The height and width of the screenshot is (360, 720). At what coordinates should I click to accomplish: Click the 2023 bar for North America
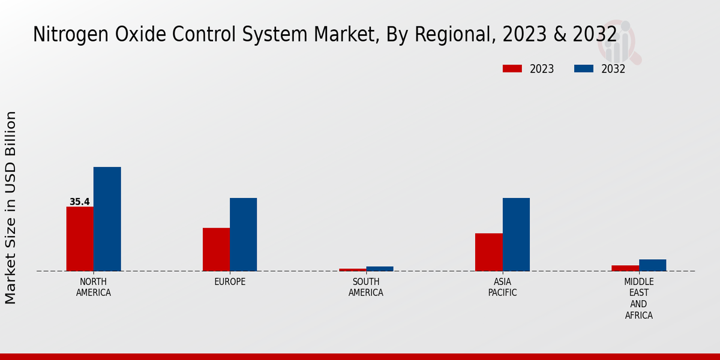(80, 239)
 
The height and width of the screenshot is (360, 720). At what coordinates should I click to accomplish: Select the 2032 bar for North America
(107, 219)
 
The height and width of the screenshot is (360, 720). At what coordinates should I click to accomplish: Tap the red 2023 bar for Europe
(216, 250)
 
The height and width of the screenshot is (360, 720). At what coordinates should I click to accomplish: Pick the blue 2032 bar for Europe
(243, 235)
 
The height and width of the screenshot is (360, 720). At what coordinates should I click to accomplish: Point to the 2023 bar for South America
(352, 269)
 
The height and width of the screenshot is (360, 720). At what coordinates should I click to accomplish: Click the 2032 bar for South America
(380, 269)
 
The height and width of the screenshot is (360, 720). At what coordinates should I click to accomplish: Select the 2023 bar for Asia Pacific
(488, 252)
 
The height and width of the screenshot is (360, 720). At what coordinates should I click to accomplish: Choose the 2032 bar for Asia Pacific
(516, 235)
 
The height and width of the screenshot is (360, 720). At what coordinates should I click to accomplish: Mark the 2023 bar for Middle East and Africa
(625, 268)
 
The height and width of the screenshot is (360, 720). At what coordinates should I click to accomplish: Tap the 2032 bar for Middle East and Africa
(652, 265)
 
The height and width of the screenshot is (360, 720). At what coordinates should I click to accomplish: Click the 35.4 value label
(79, 202)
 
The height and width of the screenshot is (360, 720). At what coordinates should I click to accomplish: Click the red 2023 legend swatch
(512, 69)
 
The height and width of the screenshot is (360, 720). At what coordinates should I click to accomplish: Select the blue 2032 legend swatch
(583, 69)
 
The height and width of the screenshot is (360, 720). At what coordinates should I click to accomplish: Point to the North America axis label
(94, 287)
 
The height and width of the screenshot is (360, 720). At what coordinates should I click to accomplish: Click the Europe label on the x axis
(230, 282)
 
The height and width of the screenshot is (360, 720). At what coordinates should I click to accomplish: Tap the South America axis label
(366, 287)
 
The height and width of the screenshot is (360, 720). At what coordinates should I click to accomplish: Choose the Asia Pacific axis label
(502, 287)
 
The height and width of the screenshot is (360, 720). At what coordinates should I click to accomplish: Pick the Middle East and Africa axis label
(638, 298)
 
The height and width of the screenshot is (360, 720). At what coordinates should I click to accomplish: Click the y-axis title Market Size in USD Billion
(11, 208)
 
